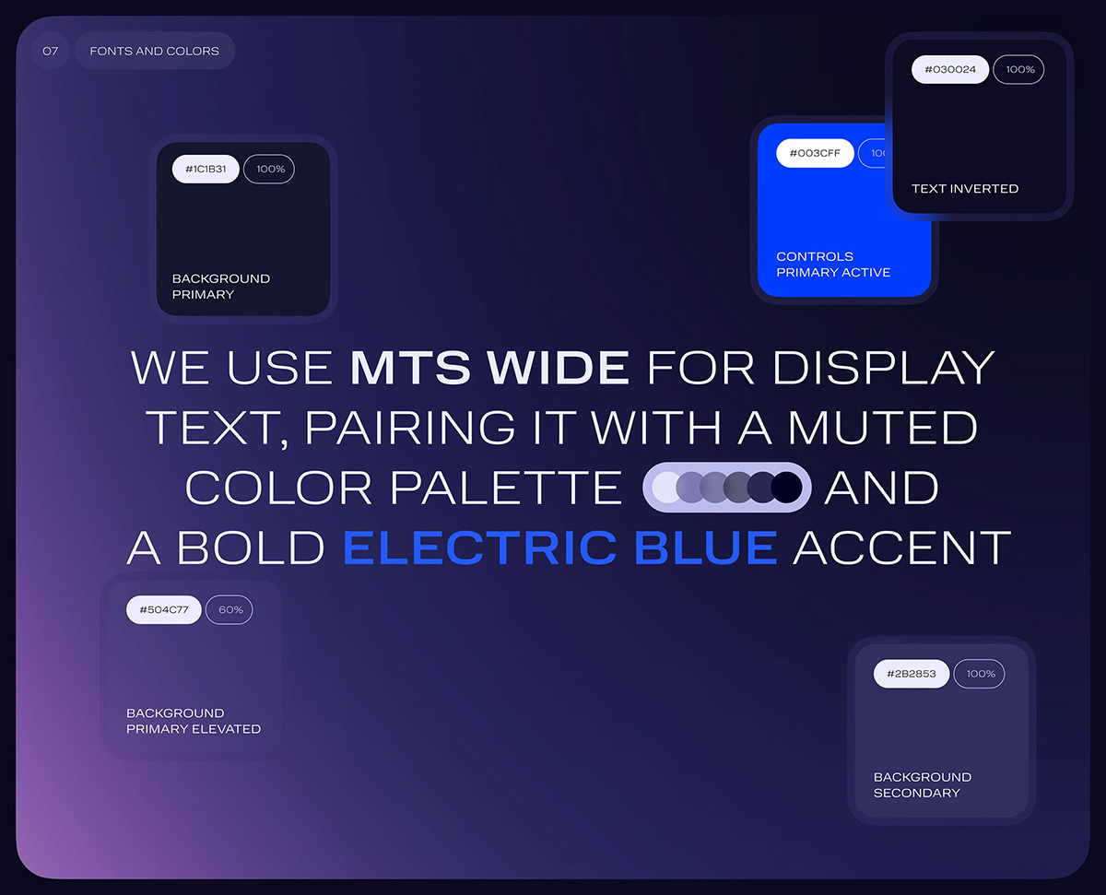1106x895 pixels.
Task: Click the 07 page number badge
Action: click(x=51, y=51)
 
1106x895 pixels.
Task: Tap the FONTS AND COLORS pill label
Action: click(x=155, y=51)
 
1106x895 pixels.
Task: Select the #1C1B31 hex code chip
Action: click(x=206, y=169)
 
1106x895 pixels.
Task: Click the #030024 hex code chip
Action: click(x=950, y=69)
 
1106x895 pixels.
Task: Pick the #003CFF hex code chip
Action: click(x=815, y=153)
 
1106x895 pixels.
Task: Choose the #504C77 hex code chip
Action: click(x=163, y=609)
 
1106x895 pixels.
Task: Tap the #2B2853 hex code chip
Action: click(x=912, y=674)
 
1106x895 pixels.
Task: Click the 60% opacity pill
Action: click(x=229, y=609)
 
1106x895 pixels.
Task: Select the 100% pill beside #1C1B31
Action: click(x=269, y=169)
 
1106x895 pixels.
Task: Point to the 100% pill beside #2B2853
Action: click(x=980, y=674)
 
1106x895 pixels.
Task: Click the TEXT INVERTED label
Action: click(x=965, y=188)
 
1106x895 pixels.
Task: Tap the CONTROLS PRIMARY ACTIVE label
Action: click(x=833, y=265)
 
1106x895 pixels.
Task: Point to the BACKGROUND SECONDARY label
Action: click(x=923, y=785)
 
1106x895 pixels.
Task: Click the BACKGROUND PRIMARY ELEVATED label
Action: click(x=194, y=721)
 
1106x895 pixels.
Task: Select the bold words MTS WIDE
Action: click(x=489, y=368)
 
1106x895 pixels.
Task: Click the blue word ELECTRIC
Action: click(x=480, y=548)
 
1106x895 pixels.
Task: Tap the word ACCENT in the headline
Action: click(x=902, y=548)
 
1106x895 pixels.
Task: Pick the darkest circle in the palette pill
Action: click(x=787, y=488)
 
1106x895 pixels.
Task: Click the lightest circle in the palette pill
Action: click(x=665, y=488)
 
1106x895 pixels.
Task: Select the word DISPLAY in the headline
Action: click(x=883, y=368)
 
